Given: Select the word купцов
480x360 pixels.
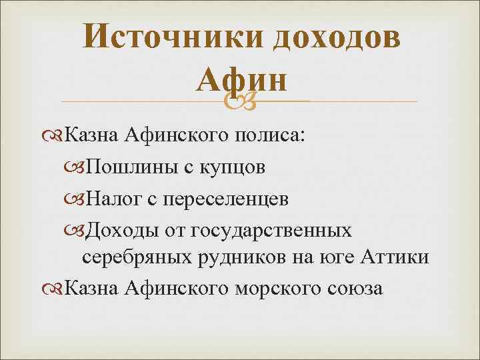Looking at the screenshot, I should pyautogui.click(x=232, y=167).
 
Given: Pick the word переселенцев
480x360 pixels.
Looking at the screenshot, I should pyautogui.click(x=219, y=198).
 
